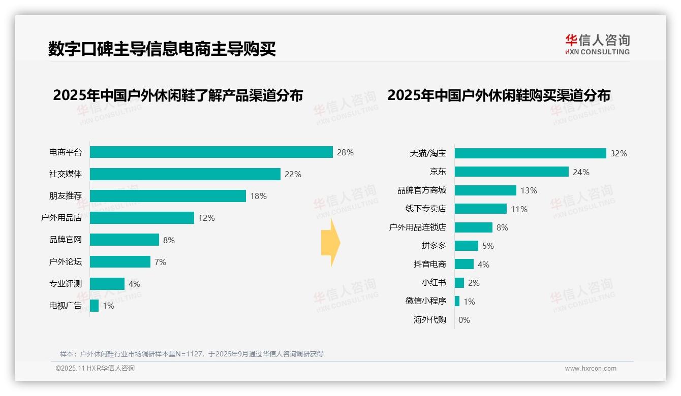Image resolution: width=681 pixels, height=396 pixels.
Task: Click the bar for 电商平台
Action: click(x=211, y=152)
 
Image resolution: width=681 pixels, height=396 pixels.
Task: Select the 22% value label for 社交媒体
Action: click(x=293, y=174)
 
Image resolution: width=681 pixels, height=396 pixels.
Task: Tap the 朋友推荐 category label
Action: click(x=65, y=196)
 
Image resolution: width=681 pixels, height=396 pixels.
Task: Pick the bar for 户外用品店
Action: click(x=142, y=218)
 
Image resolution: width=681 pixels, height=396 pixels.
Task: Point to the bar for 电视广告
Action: click(x=94, y=306)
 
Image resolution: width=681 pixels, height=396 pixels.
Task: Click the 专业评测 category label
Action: click(x=65, y=284)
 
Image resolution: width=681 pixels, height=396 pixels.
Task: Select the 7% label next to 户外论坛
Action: click(x=160, y=262)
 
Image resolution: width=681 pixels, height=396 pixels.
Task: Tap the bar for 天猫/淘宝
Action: click(x=530, y=153)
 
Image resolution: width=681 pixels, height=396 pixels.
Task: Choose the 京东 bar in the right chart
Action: click(x=511, y=172)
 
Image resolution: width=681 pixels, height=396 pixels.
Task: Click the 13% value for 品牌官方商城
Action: click(x=529, y=190)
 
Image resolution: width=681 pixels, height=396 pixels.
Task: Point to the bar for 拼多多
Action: click(x=466, y=246)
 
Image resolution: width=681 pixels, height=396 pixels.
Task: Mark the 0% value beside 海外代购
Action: click(x=464, y=320)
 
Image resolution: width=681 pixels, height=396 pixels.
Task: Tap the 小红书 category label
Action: click(x=434, y=283)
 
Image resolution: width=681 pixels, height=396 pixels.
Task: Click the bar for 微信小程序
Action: click(x=457, y=301)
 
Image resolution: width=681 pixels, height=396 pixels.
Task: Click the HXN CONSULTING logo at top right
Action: click(x=597, y=45)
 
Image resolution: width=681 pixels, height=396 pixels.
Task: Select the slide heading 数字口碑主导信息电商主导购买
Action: click(x=162, y=49)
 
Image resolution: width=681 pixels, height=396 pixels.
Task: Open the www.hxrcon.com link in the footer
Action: click(x=590, y=369)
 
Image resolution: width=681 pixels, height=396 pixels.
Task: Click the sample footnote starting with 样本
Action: click(x=191, y=354)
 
